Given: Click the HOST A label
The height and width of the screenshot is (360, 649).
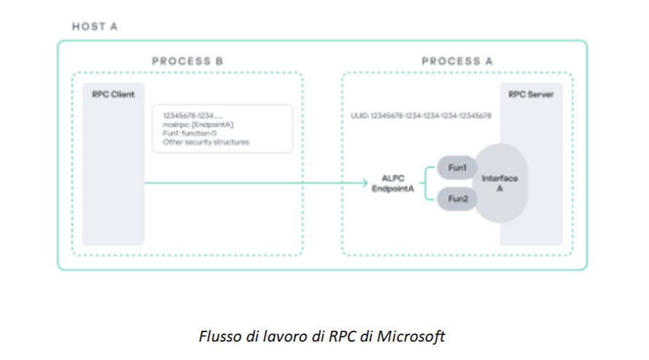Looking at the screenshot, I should [95, 27].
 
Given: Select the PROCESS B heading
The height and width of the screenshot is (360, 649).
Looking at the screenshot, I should [187, 61].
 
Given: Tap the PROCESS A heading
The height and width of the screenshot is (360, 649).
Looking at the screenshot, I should [456, 61].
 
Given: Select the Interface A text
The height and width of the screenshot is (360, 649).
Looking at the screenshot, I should [500, 183].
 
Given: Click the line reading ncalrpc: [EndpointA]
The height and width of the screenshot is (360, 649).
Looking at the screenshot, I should [198, 125].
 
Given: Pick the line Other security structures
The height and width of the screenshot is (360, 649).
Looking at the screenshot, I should [206, 142].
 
